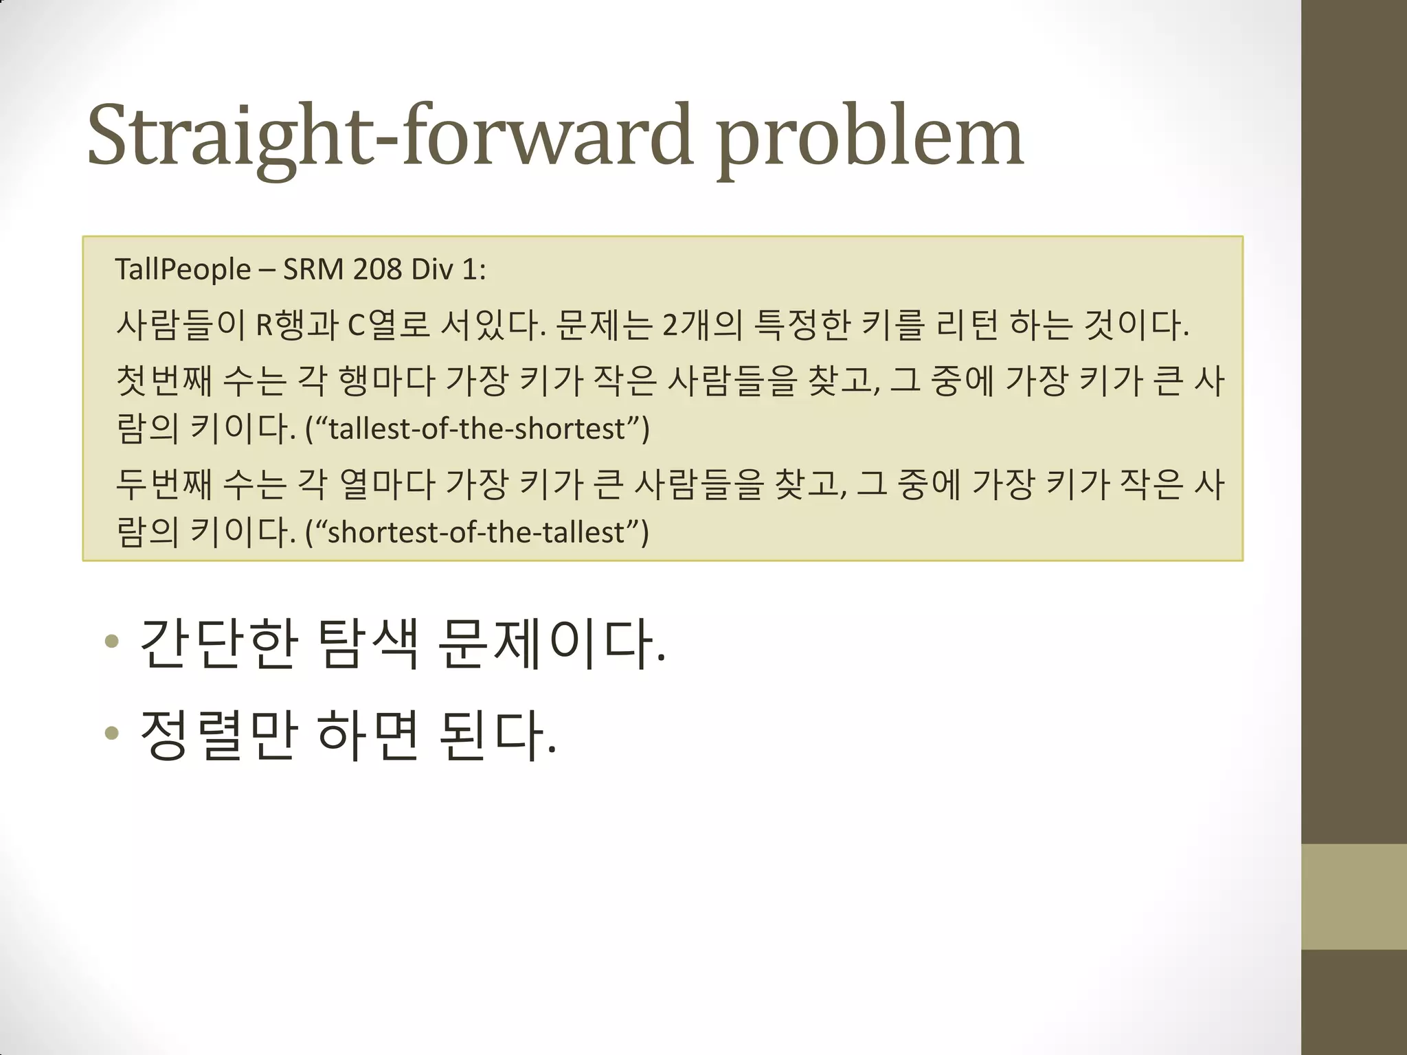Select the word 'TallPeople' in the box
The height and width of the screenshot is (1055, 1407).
pos(183,269)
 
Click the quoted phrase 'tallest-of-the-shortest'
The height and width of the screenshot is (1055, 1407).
pos(477,429)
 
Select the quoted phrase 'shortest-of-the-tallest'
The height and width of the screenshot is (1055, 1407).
pos(476,532)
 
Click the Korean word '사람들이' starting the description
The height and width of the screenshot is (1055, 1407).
pos(180,326)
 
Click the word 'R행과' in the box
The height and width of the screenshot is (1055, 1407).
pos(297,326)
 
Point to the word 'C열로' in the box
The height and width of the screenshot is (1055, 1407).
pos(389,326)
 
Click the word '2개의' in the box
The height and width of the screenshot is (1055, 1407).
pos(702,326)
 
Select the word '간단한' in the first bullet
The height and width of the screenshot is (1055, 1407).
pos(219,644)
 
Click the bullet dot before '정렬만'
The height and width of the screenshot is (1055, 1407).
pos(111,734)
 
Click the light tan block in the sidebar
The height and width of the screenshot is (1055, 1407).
pos(1354,896)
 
